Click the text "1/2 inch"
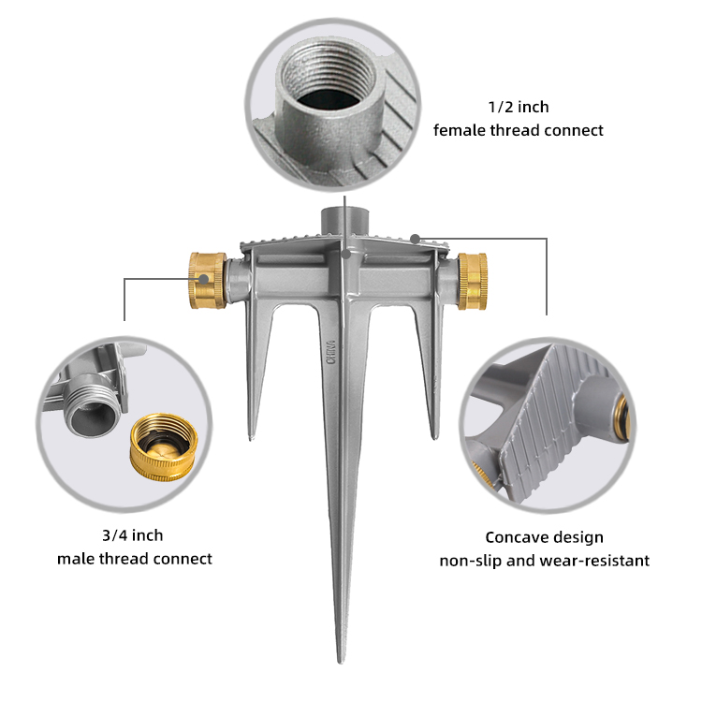[x=519, y=107]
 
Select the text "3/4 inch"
[x=133, y=535]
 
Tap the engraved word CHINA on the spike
[x=331, y=352]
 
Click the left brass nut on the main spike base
[x=207, y=281]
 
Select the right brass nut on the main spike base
[x=473, y=281]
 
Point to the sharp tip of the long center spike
[x=341, y=662]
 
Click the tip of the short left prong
[x=251, y=438]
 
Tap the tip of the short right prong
[x=433, y=437]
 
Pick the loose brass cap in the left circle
[x=164, y=447]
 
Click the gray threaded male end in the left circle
[x=93, y=405]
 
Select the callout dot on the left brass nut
[x=204, y=279]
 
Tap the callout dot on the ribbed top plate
[x=416, y=239]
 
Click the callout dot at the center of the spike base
[x=345, y=255]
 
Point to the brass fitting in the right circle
[x=622, y=415]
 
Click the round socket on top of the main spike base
[x=344, y=220]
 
